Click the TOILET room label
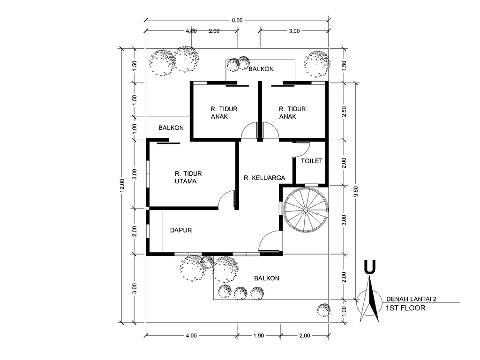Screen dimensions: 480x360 click(312, 161)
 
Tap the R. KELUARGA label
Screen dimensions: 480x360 click(264, 178)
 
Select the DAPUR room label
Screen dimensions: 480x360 click(181, 230)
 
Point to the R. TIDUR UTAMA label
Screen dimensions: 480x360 click(188, 178)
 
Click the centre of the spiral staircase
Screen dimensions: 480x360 click(306, 210)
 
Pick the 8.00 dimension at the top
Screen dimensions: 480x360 click(237, 21)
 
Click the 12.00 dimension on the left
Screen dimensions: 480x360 click(122, 186)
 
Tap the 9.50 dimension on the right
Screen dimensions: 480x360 click(355, 192)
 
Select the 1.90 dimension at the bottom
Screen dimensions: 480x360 click(259, 336)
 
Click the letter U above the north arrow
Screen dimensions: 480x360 click(370, 267)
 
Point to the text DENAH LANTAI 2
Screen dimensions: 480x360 click(411, 299)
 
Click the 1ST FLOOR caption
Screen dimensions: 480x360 click(405, 308)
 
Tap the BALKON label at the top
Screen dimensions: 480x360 click(261, 69)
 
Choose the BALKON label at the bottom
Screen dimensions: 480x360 click(267, 278)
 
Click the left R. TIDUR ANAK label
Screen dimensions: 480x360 click(224, 112)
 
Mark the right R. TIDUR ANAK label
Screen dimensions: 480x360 click(292, 112)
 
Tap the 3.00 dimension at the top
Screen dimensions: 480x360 click(294, 31)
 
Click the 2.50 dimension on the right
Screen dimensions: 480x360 click(344, 112)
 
